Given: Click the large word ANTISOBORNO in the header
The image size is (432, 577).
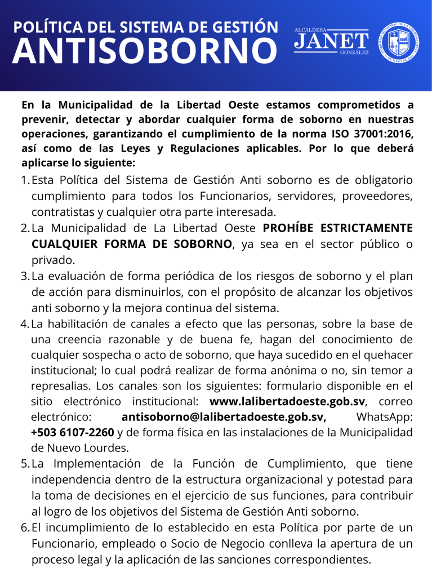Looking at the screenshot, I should tap(144, 52).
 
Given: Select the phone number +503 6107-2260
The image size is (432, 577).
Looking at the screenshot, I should tap(73, 433).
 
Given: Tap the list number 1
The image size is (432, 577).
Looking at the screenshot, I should tap(24, 181).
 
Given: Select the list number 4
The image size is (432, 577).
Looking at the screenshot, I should tap(24, 325).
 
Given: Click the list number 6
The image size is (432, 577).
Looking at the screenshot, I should tap(24, 528).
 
